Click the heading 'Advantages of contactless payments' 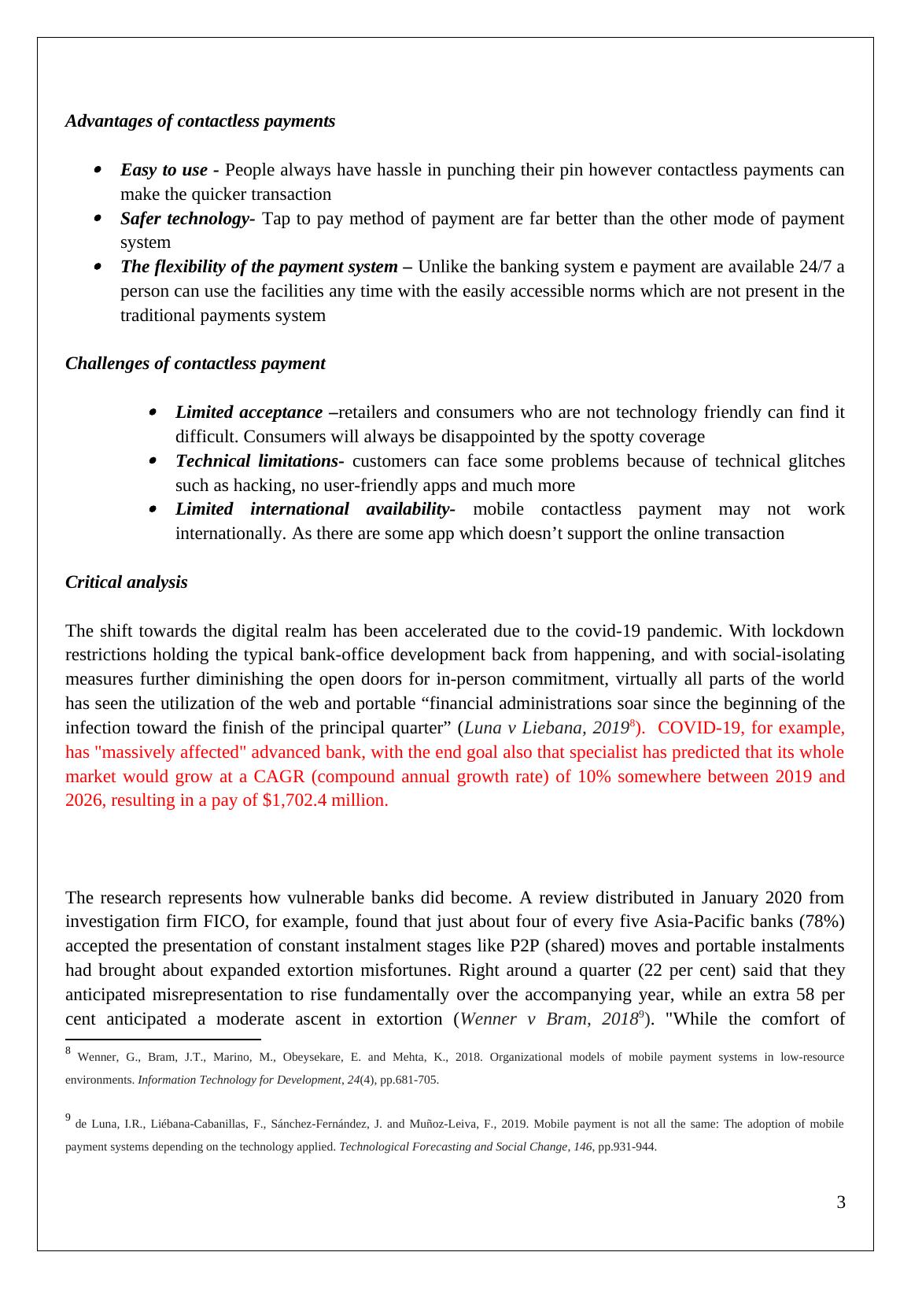click(200, 121)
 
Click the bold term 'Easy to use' click(164, 170)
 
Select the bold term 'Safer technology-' click(187, 219)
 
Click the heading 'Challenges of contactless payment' click(195, 364)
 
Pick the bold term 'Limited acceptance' click(249, 412)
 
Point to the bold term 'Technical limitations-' click(260, 461)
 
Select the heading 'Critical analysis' click(127, 582)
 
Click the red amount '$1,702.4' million click(293, 801)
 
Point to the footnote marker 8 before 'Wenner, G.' click(68, 1051)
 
